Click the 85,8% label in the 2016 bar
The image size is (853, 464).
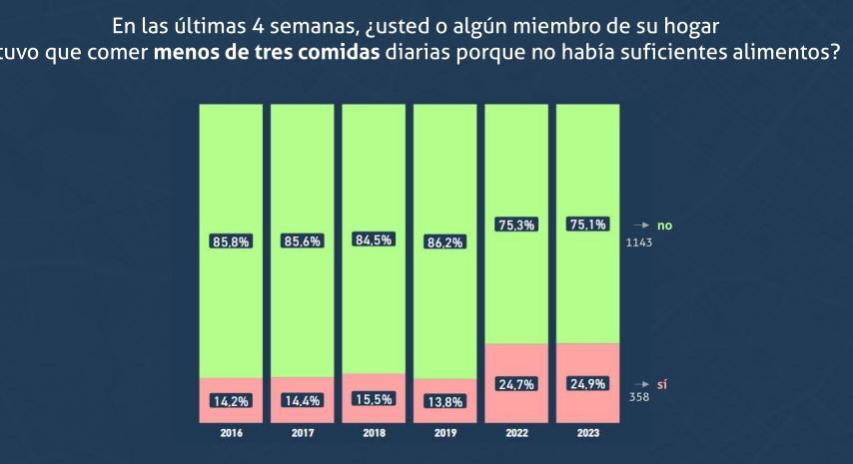[x=231, y=241]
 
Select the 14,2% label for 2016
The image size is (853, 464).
[x=231, y=401]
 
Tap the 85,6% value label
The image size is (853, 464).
[x=302, y=241]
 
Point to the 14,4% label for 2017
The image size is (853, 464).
[x=302, y=401]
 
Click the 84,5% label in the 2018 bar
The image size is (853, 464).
[x=374, y=239]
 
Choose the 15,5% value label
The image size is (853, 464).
[x=374, y=399]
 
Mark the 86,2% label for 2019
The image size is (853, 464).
[x=445, y=242]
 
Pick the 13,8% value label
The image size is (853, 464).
[x=445, y=402]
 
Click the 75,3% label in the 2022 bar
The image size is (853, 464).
[x=516, y=226]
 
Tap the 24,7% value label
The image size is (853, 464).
[x=516, y=384]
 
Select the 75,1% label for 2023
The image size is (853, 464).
[x=587, y=226]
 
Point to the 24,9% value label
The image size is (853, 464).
[x=587, y=384]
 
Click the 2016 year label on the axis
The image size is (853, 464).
[x=231, y=434]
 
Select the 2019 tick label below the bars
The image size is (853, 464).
[x=445, y=434]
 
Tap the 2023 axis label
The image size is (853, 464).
[x=587, y=434]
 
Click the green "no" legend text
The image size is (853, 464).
[x=664, y=227]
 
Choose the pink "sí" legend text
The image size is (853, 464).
[x=662, y=384]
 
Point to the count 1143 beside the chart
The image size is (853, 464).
[x=639, y=242]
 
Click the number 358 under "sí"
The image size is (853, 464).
[x=639, y=397]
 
